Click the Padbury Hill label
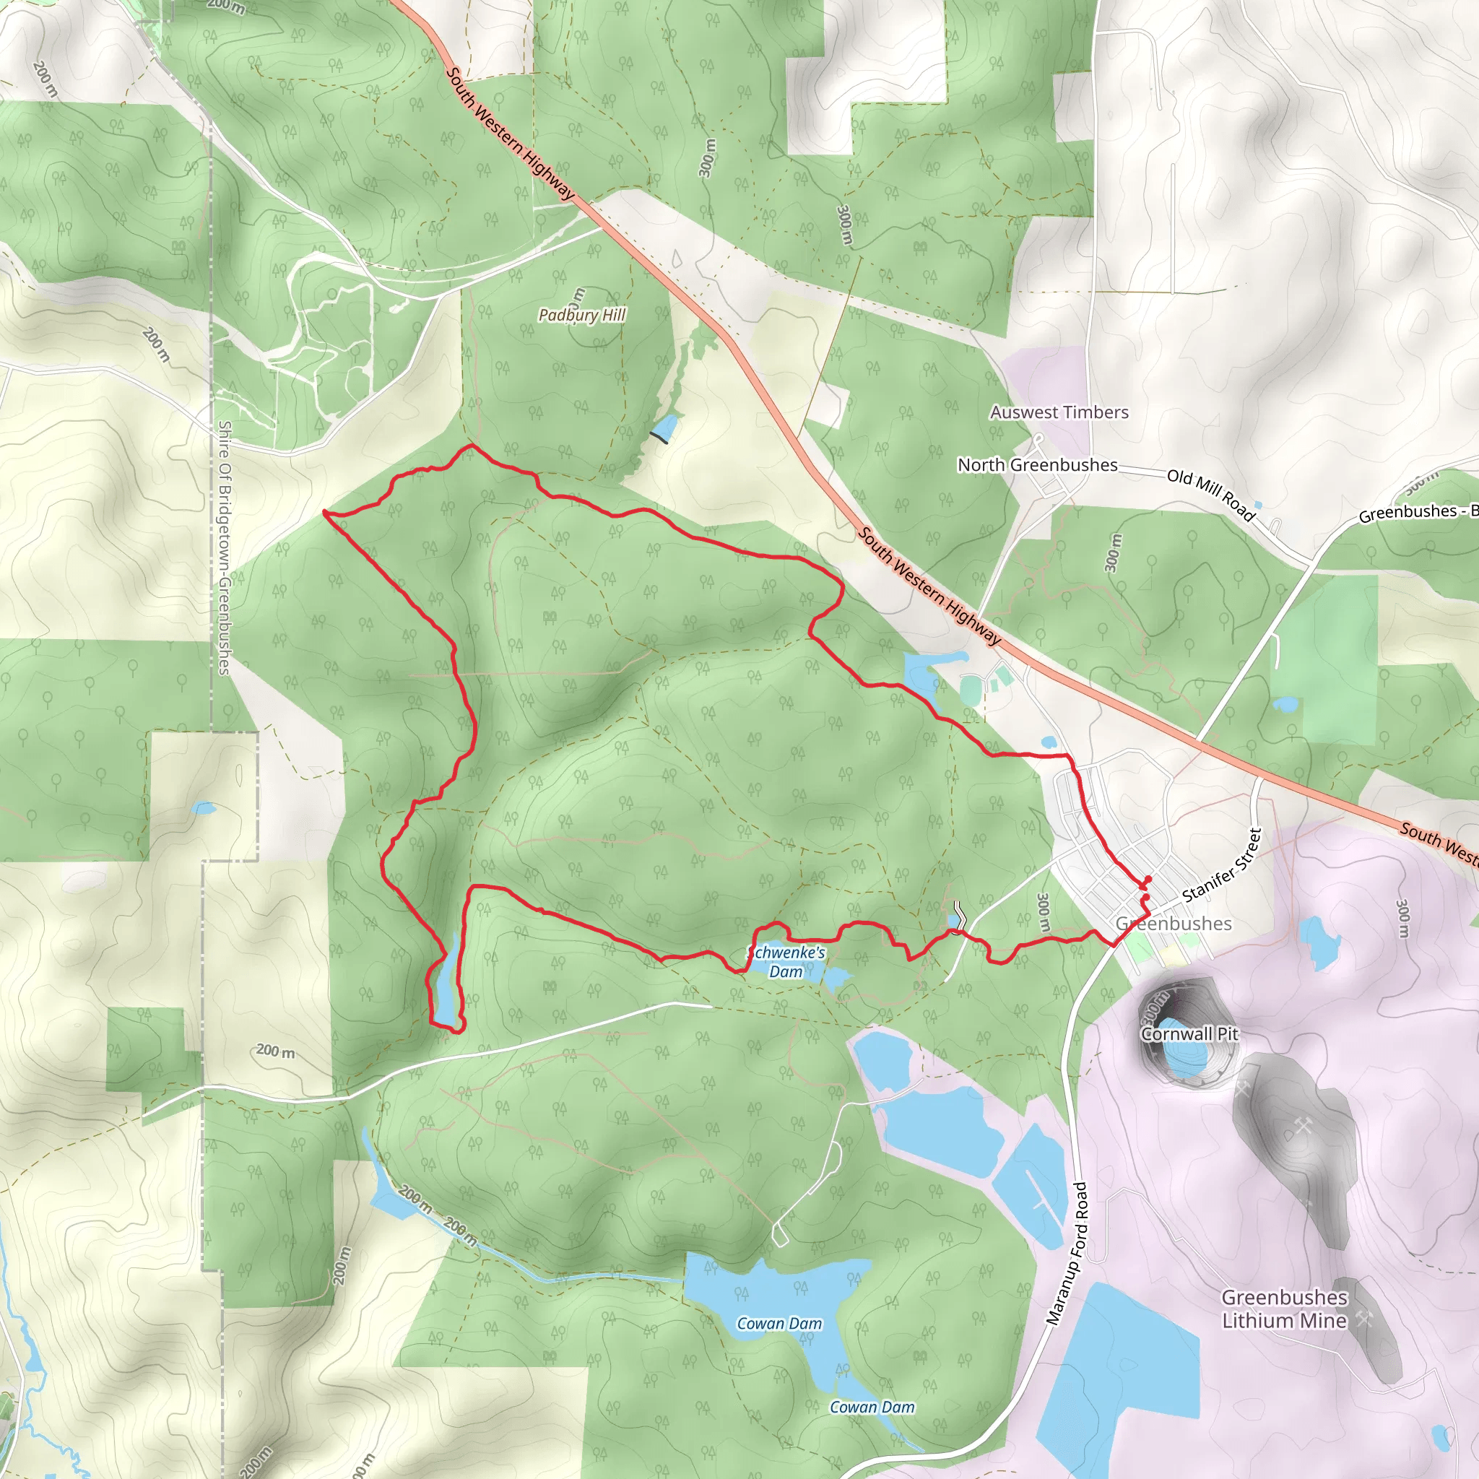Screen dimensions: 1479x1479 tap(582, 315)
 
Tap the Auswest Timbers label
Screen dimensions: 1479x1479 tap(1059, 412)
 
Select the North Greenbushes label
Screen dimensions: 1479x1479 tap(1037, 464)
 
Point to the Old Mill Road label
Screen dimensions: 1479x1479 tap(1211, 495)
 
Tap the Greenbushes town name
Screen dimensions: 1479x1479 tap(1174, 923)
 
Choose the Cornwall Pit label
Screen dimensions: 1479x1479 tap(1189, 1033)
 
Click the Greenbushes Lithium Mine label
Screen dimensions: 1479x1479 tap(1284, 1309)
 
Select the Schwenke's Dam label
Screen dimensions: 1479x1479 tap(786, 962)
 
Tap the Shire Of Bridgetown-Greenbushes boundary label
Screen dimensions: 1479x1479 tap(225, 547)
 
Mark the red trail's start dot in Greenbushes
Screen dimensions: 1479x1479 tap(1148, 879)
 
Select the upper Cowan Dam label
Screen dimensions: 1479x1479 tap(779, 1324)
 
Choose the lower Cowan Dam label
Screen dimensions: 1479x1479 tap(872, 1407)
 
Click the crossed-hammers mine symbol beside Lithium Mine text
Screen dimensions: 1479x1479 tap(1363, 1319)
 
